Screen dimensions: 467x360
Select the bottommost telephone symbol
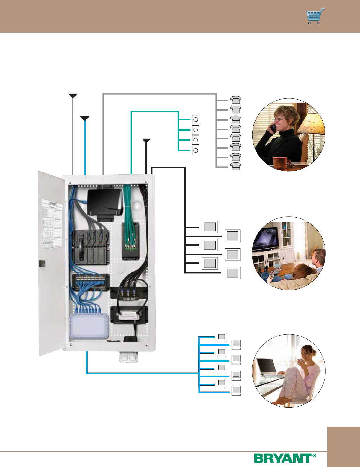click(235, 167)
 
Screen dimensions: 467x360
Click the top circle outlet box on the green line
click(195, 120)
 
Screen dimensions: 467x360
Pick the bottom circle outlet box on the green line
click(195, 151)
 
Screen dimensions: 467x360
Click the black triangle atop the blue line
click(85, 119)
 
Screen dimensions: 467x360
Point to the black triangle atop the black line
click(146, 140)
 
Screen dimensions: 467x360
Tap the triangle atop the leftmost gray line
click(73, 96)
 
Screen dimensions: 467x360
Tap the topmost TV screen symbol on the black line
click(210, 227)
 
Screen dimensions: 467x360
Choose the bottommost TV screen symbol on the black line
click(233, 273)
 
